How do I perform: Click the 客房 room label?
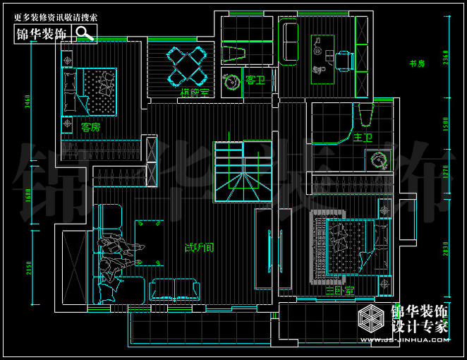[x=90, y=128]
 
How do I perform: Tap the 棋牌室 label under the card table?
[x=194, y=92]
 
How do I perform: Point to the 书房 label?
[x=417, y=64]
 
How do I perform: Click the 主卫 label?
[x=363, y=136]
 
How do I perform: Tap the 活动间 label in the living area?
[x=200, y=248]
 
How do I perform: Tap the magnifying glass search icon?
[x=85, y=32]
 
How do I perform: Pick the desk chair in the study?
[x=345, y=60]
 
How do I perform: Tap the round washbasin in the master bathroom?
[x=379, y=160]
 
